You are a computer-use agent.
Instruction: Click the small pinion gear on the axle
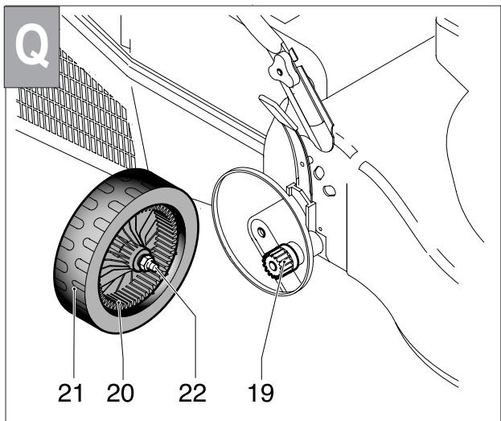(281, 263)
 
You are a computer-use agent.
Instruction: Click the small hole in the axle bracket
(261, 231)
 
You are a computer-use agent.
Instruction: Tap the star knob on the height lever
(279, 68)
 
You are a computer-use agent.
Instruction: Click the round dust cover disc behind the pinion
(233, 233)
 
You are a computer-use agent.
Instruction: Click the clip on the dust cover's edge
(290, 188)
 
